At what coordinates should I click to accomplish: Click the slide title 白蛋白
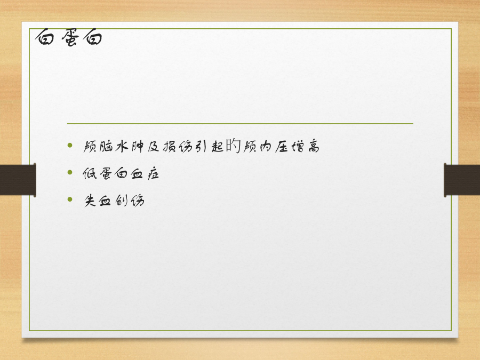pyautogui.click(x=69, y=37)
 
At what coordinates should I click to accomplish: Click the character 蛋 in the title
pyautogui.click(x=70, y=38)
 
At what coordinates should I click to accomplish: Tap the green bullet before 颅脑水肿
pyautogui.click(x=70, y=145)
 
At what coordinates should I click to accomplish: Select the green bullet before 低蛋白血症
pyautogui.click(x=70, y=172)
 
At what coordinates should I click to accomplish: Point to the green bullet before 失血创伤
pyautogui.click(x=70, y=199)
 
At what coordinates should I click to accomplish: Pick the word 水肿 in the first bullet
pyautogui.click(x=129, y=146)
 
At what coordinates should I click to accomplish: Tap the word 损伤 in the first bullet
pyautogui.click(x=178, y=147)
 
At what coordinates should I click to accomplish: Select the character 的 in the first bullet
pyautogui.click(x=233, y=146)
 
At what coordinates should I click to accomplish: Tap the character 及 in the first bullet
pyautogui.click(x=154, y=147)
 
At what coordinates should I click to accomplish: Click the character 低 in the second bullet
pyautogui.click(x=90, y=173)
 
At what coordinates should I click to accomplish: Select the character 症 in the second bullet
pyautogui.click(x=153, y=173)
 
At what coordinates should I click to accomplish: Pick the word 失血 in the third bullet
pyautogui.click(x=98, y=201)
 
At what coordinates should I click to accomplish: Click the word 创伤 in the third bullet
pyautogui.click(x=130, y=201)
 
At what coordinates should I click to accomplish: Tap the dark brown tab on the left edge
pyautogui.click(x=18, y=180)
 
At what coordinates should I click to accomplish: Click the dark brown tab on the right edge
pyautogui.click(x=462, y=180)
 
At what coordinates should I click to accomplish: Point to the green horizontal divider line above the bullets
pyautogui.click(x=240, y=124)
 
